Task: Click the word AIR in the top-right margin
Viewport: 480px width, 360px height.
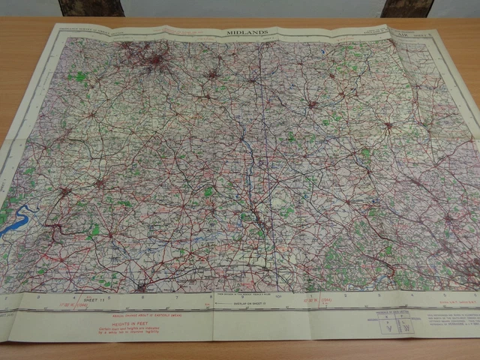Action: (400, 33)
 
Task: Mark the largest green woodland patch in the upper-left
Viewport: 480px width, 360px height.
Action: (77, 76)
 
